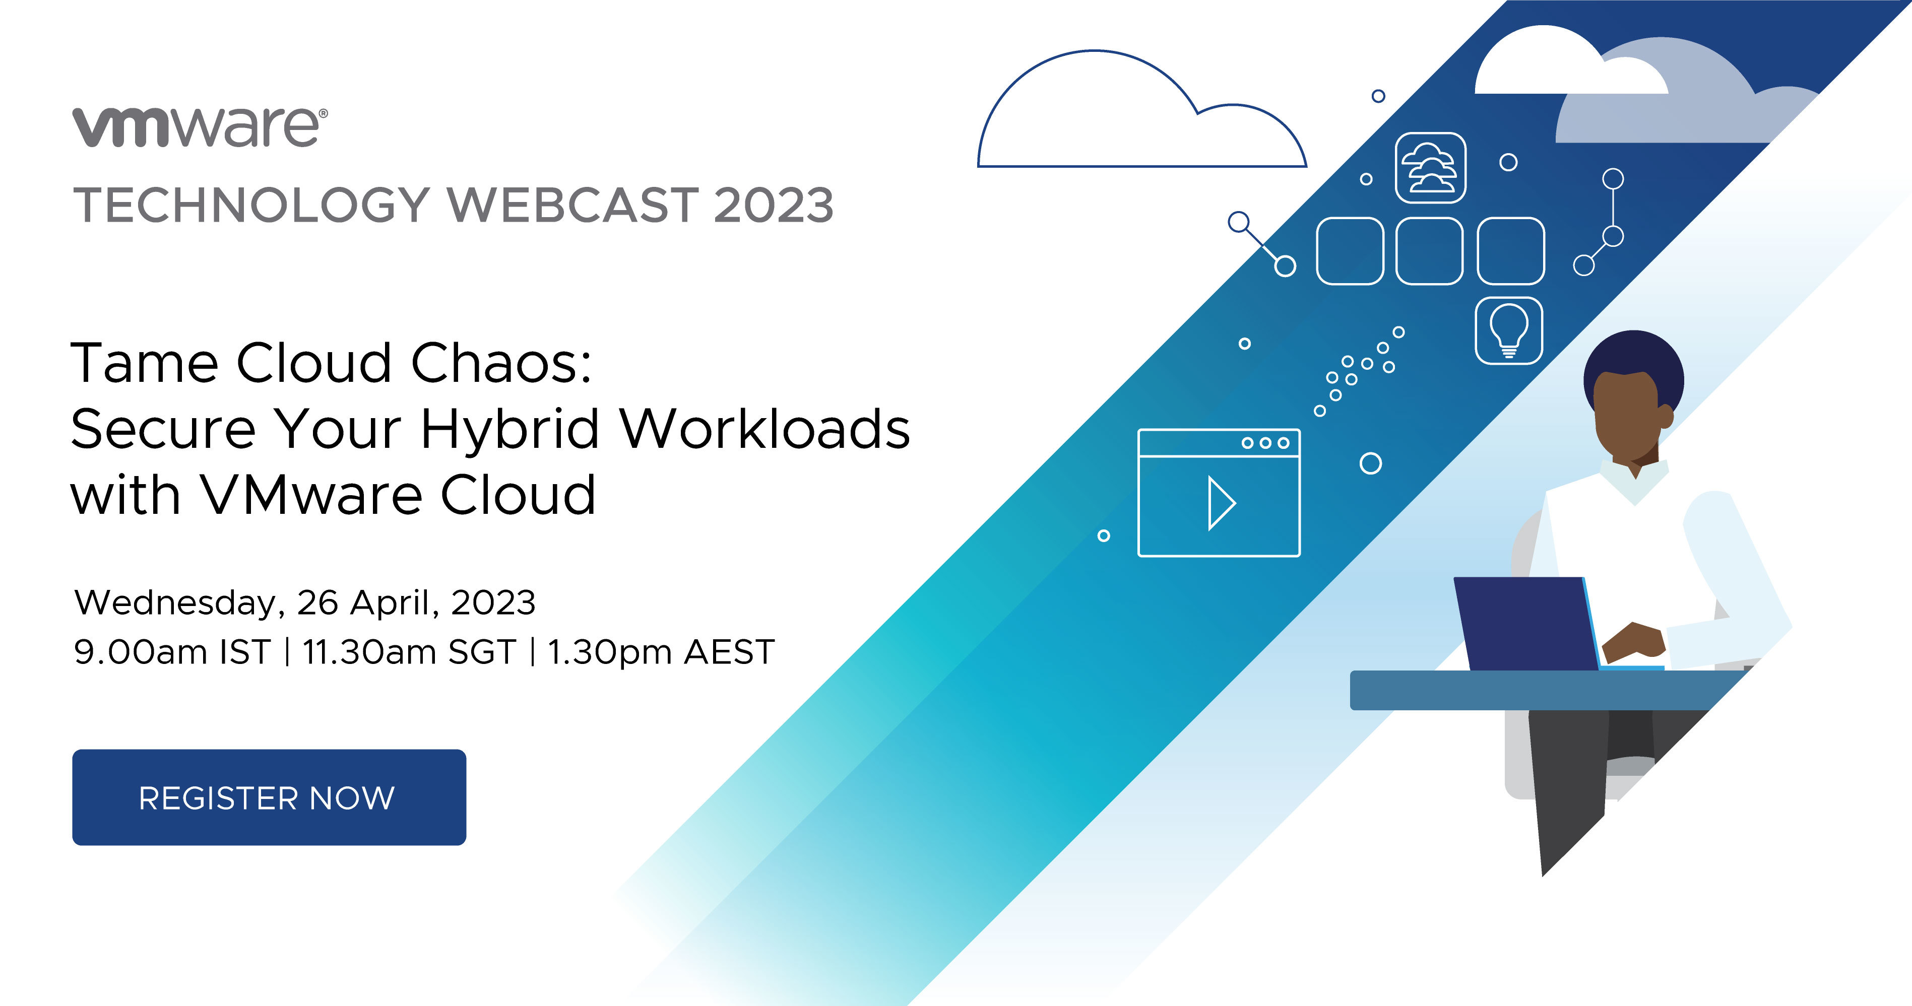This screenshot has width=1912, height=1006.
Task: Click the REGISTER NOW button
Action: pyautogui.click(x=269, y=797)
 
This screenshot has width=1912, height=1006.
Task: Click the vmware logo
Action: pyautogui.click(x=200, y=127)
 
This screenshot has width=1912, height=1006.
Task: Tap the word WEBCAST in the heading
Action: pyautogui.click(x=573, y=205)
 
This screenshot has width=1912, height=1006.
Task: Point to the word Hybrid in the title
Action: pyautogui.click(x=510, y=430)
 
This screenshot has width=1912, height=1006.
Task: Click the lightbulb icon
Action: pyautogui.click(x=1509, y=331)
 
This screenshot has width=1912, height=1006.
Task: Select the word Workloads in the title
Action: pyautogui.click(x=765, y=430)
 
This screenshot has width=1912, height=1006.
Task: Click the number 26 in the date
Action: pyautogui.click(x=317, y=603)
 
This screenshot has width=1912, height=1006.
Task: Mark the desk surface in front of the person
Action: pyautogui.click(x=1544, y=690)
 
